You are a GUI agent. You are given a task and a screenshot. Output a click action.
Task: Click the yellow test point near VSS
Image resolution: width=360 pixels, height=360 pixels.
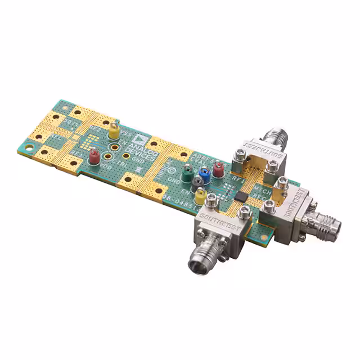114,132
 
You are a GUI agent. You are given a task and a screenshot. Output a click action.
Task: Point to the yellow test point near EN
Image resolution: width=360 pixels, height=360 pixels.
200,195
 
